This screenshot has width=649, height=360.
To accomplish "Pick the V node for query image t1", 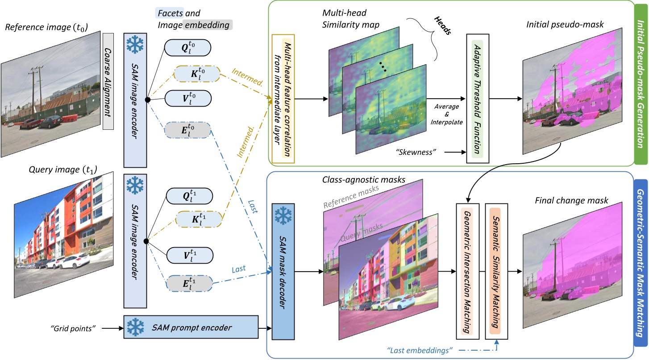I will coord(187,257).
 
